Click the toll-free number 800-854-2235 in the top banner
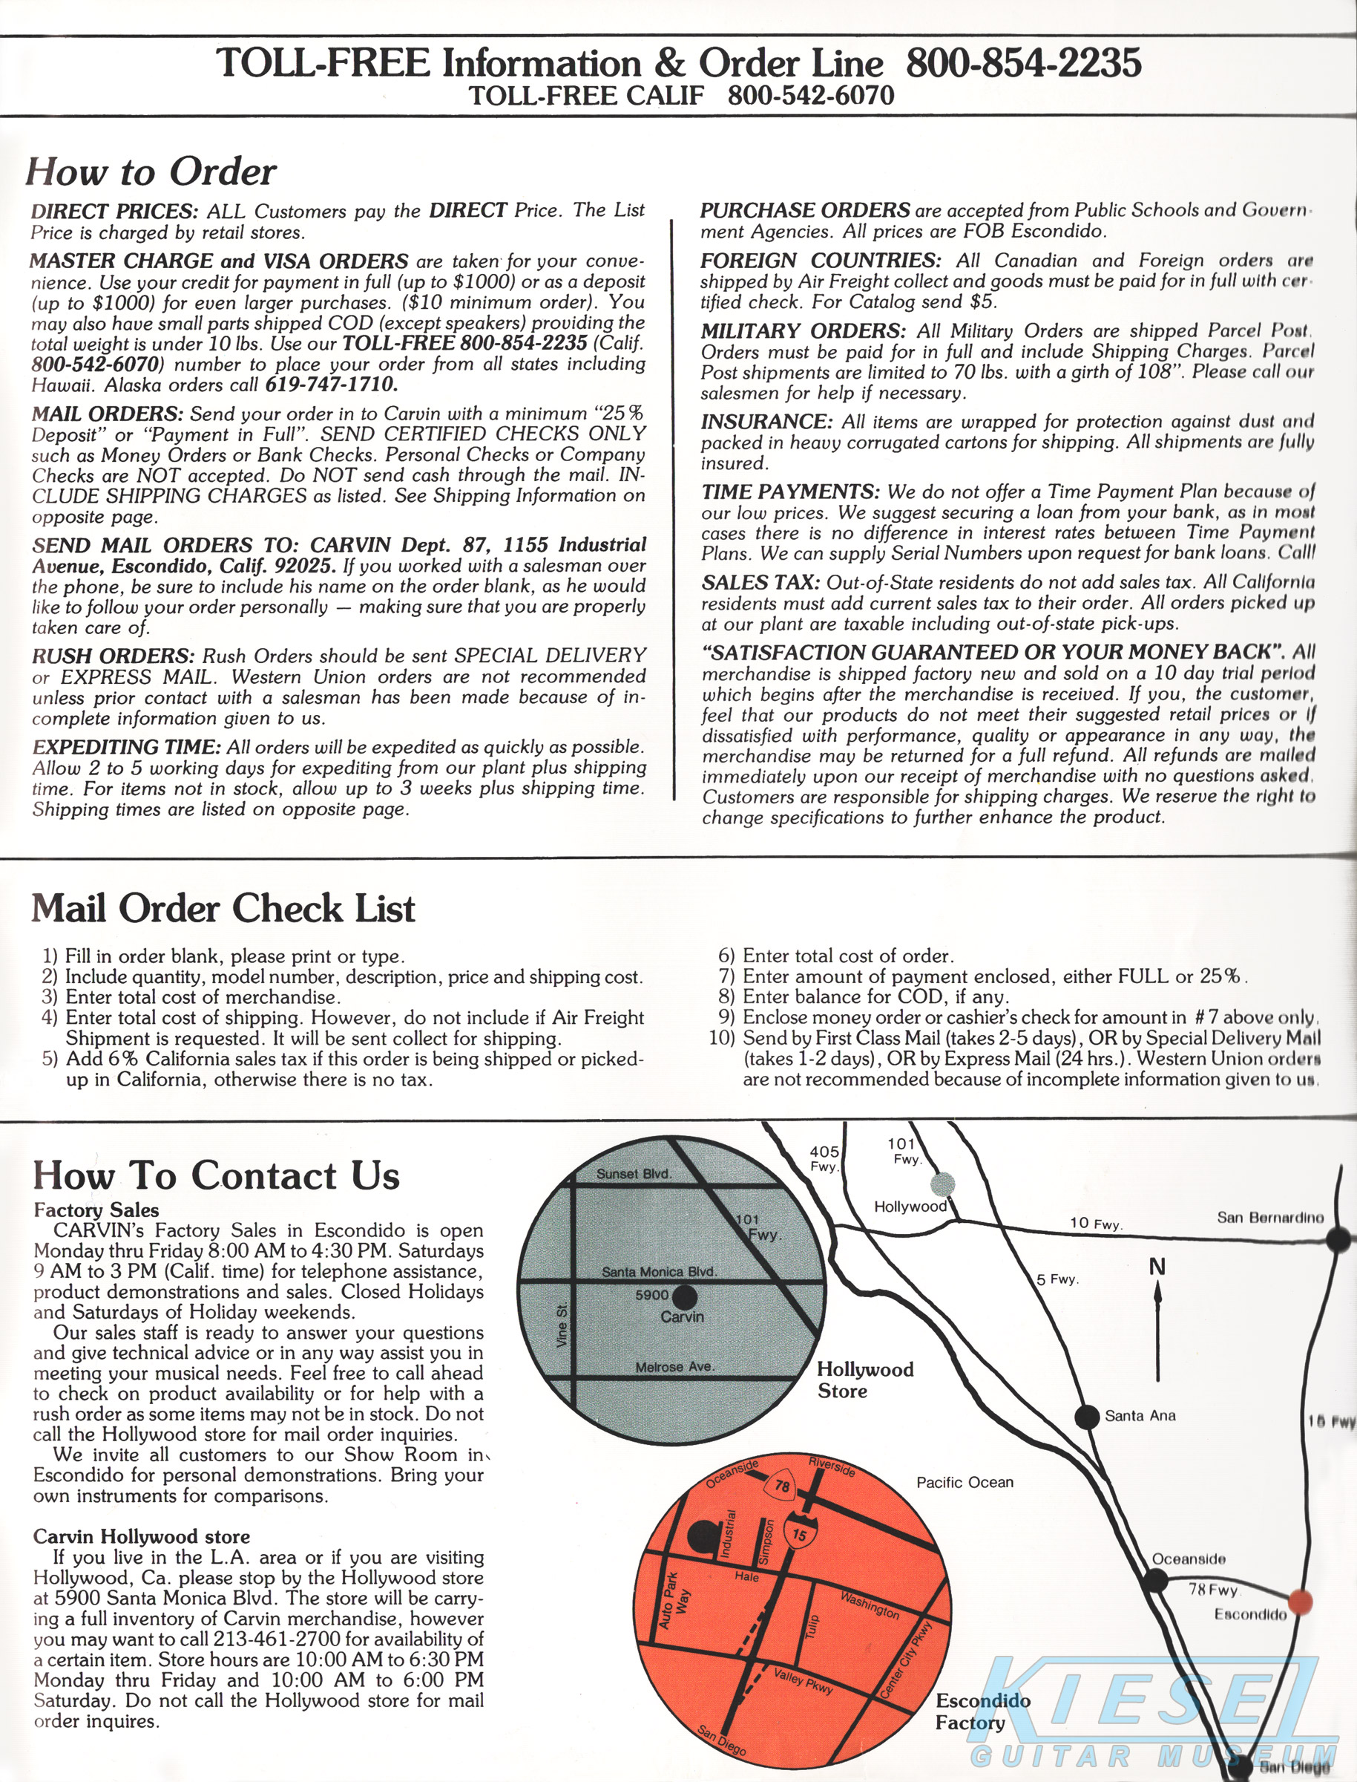click(1022, 63)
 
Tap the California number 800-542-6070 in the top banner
click(811, 97)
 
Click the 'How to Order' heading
click(151, 172)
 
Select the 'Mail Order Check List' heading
click(223, 908)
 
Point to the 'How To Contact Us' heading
click(217, 1175)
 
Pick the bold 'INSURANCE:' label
click(766, 422)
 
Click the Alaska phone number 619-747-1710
click(331, 385)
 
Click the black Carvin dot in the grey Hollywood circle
click(685, 1297)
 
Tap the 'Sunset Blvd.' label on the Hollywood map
click(634, 1173)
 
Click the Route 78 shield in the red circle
click(782, 1486)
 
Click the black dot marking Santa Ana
click(1088, 1416)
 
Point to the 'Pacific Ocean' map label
click(965, 1482)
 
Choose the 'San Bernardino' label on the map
click(1269, 1218)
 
